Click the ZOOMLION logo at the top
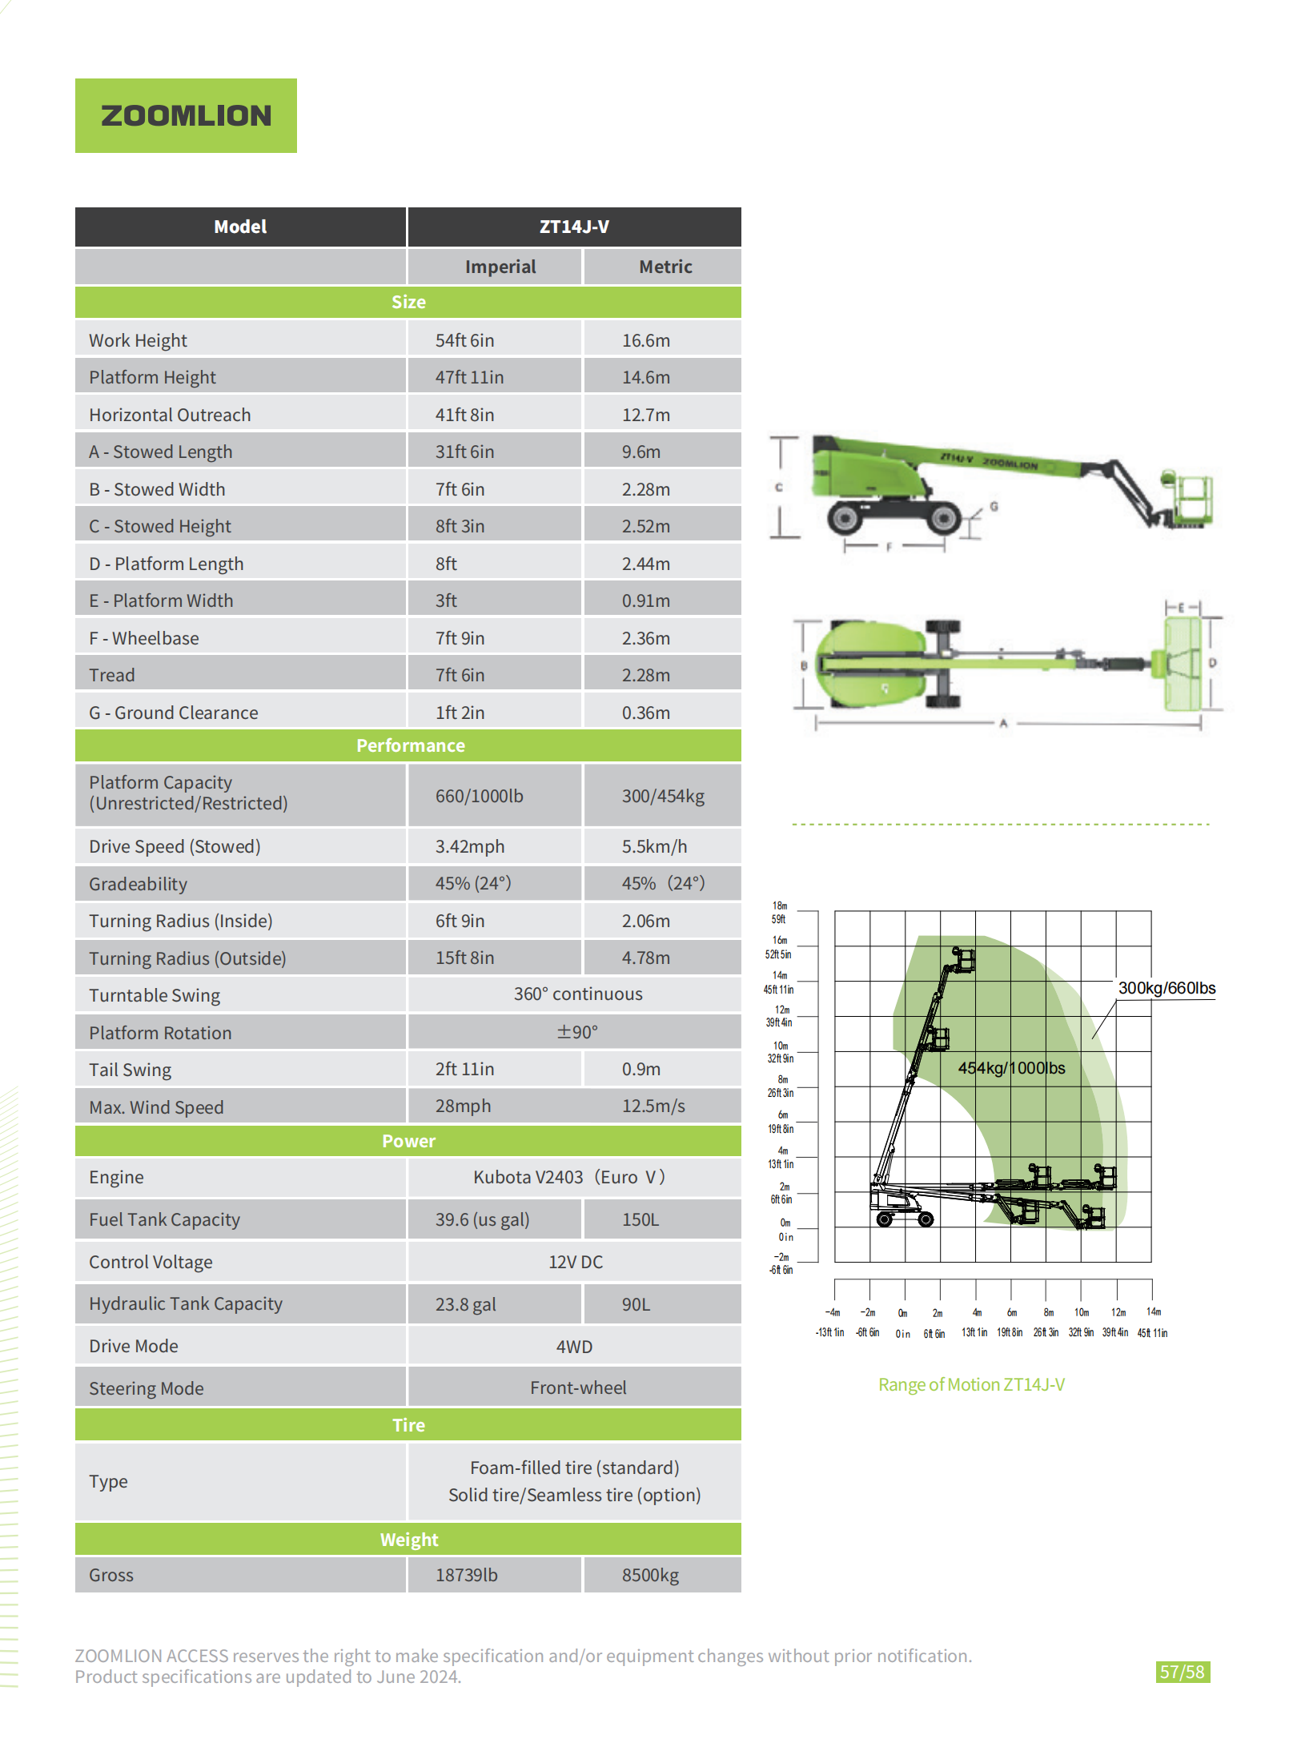click(x=186, y=115)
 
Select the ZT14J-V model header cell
click(x=574, y=227)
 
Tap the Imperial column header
click(x=500, y=267)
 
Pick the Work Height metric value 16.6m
click(x=646, y=340)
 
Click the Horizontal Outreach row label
click(x=170, y=415)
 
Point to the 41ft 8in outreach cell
click(x=464, y=415)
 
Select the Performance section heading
click(x=410, y=745)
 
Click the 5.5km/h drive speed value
click(x=654, y=846)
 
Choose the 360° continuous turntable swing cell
click(x=578, y=994)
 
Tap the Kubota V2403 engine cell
click(x=568, y=1177)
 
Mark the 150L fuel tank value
click(x=640, y=1219)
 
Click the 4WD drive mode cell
click(x=574, y=1347)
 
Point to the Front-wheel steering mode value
click(x=578, y=1388)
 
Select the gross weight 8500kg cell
click(x=650, y=1575)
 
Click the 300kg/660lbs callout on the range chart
click(x=1167, y=988)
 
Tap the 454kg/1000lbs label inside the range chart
click(x=1011, y=1068)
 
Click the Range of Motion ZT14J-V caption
click(x=971, y=1384)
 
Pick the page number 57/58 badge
click(x=1182, y=1672)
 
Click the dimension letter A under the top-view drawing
click(x=1003, y=724)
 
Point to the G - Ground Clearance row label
click(x=173, y=713)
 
